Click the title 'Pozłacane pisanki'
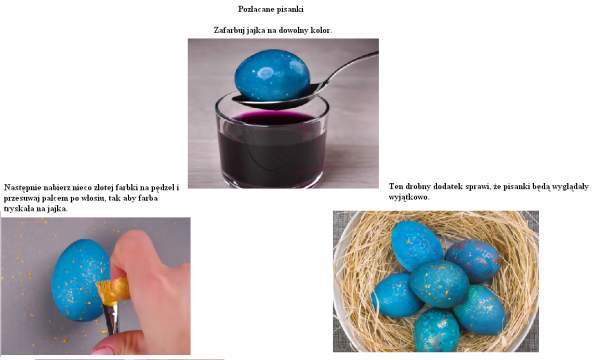pos(271,9)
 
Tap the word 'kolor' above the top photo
pos(320,30)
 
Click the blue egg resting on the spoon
pos(272,75)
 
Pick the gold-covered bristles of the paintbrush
pos(113,291)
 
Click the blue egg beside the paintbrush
pos(80,280)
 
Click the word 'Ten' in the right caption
pos(396,187)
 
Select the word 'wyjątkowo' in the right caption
pos(408,197)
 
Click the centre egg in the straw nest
pos(439,283)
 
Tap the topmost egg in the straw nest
pos(417,245)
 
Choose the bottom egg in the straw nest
pos(437,331)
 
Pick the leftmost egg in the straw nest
pos(396,295)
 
